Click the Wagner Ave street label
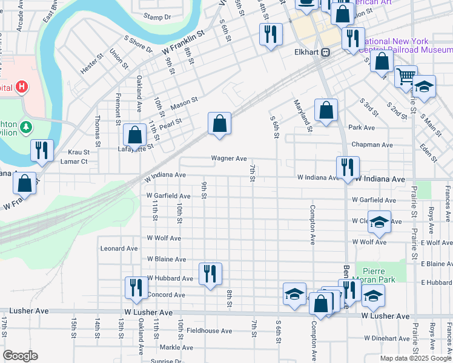pos(228,159)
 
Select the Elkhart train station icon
pos(326,52)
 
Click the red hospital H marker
pos(22,87)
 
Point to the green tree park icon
pos(25,127)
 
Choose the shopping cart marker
pos(406,76)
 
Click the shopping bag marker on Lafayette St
pos(134,136)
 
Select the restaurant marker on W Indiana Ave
pos(348,167)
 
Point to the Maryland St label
pos(303,116)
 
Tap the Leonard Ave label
pos(119,248)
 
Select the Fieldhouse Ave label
pos(209,331)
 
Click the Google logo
pos(21,356)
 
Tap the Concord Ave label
pos(166,295)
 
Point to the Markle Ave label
pos(176,347)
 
